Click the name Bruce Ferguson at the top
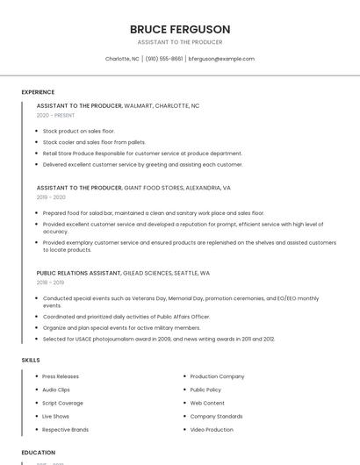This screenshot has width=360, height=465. point(179,29)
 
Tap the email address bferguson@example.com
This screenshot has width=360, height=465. point(221,59)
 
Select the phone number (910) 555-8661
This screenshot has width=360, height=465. point(164,59)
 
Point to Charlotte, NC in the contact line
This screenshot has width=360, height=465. point(122,59)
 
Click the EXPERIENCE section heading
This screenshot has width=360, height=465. point(38,92)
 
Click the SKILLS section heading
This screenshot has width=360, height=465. point(31,360)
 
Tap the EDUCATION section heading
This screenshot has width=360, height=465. point(39,453)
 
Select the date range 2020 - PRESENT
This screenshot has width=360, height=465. point(55,115)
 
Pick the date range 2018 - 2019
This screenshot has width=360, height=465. point(50,283)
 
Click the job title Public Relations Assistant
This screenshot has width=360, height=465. point(78,273)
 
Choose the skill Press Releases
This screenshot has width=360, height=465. point(61,376)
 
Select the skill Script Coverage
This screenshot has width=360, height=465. point(63,403)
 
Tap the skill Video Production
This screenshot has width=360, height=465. point(212,430)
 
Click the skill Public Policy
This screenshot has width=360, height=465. point(205,390)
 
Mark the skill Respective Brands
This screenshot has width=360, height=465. point(66,430)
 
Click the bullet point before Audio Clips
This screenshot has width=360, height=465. point(35,390)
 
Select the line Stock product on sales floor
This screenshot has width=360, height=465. point(79,131)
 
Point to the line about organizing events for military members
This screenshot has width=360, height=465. point(121,327)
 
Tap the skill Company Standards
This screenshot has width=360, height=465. point(216,417)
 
